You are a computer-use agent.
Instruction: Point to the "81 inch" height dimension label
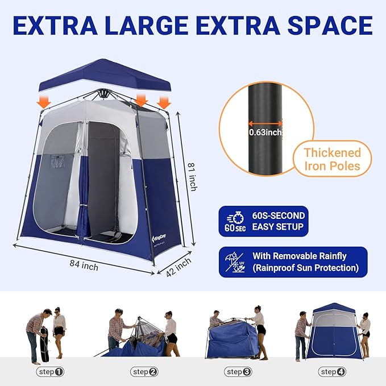[x=194, y=175]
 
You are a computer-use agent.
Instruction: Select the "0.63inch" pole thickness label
[x=266, y=132]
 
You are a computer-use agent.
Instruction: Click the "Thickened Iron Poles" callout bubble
[x=332, y=159]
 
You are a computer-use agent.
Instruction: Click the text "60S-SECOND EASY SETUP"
[x=279, y=222]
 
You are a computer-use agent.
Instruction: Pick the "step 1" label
[x=50, y=372]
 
